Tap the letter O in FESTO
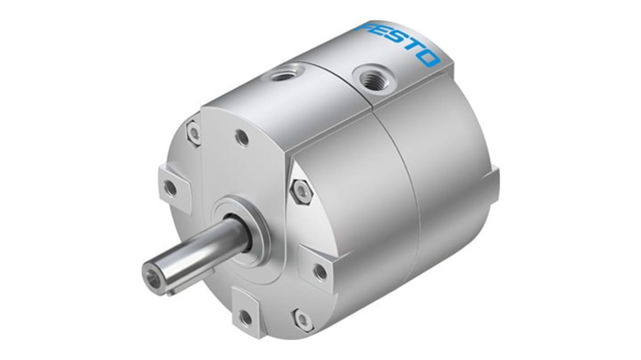click(428, 58)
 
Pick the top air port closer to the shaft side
click(282, 73)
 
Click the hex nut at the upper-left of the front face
click(194, 133)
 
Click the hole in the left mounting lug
click(171, 187)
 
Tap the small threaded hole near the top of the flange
click(243, 138)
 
